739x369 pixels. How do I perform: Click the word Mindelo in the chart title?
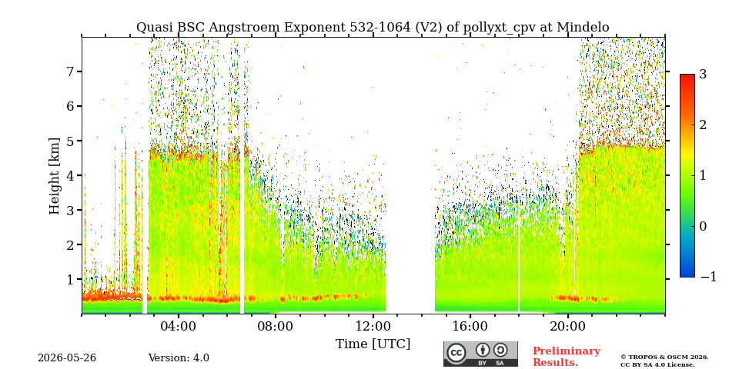(583, 28)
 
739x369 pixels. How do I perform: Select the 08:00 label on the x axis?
(276, 327)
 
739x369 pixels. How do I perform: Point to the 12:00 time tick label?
(373, 327)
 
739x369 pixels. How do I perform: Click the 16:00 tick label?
(470, 327)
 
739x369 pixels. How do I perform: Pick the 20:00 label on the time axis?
(567, 327)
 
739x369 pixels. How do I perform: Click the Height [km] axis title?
(55, 176)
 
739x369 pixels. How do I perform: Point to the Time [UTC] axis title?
(373, 344)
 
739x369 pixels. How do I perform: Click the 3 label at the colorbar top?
(703, 75)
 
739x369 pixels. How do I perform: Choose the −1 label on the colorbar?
(708, 277)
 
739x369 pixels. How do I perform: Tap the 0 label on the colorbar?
(703, 226)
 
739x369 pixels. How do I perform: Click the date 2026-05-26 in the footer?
(67, 358)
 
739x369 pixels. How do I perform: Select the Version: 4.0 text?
(179, 358)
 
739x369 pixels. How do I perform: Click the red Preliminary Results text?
(567, 356)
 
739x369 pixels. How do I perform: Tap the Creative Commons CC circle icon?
(456, 353)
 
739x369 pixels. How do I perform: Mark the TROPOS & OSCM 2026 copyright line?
(664, 357)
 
